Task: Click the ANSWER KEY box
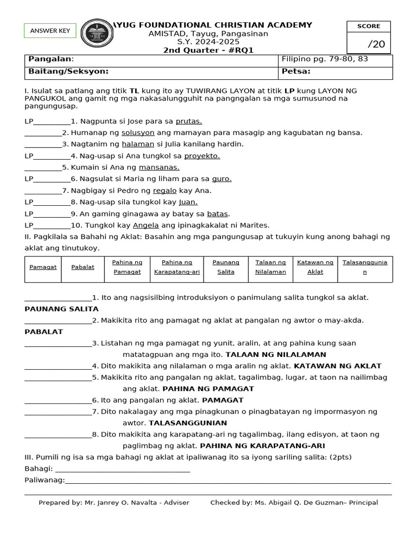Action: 50,31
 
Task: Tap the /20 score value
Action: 376,44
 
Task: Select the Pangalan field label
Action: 50,59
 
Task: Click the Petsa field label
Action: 296,71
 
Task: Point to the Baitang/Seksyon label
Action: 68,71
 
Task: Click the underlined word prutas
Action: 189,121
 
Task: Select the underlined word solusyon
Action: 138,132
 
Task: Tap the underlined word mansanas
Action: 159,167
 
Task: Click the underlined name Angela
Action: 146,225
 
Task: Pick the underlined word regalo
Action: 165,191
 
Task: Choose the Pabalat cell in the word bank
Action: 83,267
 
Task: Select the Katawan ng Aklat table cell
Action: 315,267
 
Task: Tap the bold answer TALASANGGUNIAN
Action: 188,422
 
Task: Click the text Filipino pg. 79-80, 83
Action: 325,59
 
